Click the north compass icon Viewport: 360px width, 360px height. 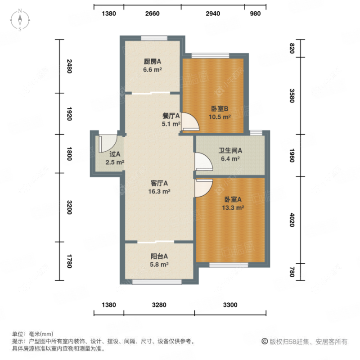coord(20,20)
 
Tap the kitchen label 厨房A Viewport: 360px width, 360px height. coord(153,61)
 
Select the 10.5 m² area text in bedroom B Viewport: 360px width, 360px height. coord(220,117)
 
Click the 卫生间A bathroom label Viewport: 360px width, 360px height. coord(230,150)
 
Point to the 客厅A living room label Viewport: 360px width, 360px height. coord(159,183)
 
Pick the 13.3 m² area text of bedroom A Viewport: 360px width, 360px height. coord(233,207)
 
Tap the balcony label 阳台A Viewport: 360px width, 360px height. coord(159,256)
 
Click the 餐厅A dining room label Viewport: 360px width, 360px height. coord(171,116)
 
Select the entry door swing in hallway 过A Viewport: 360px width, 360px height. coord(108,144)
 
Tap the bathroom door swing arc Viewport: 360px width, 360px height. coord(203,162)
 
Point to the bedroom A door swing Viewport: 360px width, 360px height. coord(204,188)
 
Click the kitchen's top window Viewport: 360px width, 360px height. coord(154,38)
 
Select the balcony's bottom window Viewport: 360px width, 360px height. coord(157,282)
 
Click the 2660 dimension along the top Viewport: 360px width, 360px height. coord(152,13)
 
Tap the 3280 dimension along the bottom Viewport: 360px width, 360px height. coord(159,305)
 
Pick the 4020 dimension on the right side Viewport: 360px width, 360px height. coord(292,220)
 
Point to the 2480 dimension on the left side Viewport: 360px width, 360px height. coord(69,66)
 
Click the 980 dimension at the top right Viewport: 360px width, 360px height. coord(255,13)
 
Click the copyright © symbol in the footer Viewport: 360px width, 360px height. coord(265,342)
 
